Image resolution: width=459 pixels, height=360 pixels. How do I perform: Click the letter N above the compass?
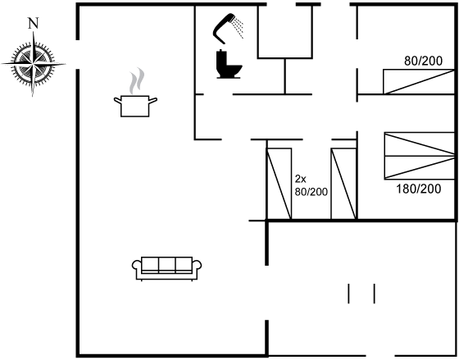[x=34, y=23]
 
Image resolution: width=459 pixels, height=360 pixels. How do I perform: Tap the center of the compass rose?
[x=33, y=64]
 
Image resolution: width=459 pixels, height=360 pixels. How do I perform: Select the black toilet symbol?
[x=229, y=64]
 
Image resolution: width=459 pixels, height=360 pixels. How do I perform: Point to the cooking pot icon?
[x=135, y=106]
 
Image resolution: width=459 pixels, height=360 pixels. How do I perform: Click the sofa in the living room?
[x=167, y=269]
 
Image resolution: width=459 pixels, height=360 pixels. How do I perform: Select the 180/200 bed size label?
[x=418, y=189]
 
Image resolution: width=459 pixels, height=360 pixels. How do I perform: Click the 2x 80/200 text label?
[x=311, y=185]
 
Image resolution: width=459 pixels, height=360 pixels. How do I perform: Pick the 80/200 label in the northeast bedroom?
[x=423, y=61]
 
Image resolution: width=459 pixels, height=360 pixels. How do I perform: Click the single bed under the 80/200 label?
[x=419, y=82]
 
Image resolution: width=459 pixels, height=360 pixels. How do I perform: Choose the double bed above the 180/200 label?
[x=419, y=156]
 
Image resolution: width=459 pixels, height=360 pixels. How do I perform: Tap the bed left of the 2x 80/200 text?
[x=279, y=184]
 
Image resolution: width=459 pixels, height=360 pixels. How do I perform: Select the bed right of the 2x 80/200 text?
[x=343, y=184]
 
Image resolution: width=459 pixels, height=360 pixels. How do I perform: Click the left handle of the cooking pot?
[x=118, y=101]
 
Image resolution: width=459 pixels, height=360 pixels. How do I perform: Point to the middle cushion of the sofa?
[x=167, y=265]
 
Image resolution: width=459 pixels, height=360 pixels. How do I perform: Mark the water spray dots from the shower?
[x=239, y=28]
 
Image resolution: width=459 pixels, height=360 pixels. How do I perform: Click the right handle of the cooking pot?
[x=153, y=101]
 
